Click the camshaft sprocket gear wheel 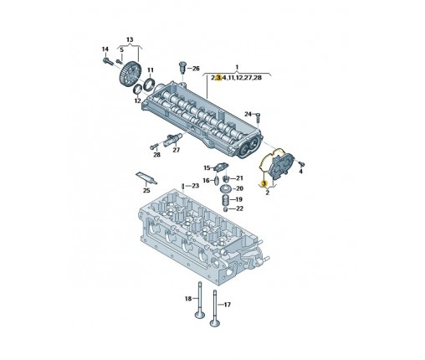pyautogui.click(x=131, y=74)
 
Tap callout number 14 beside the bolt pyautogui.click(x=105, y=49)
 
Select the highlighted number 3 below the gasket pyautogui.click(x=264, y=183)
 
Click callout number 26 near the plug pyautogui.click(x=196, y=69)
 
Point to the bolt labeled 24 pyautogui.click(x=258, y=117)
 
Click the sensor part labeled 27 pyautogui.click(x=173, y=139)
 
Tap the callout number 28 pyautogui.click(x=157, y=155)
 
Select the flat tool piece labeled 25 pyautogui.click(x=146, y=177)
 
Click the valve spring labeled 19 pyautogui.click(x=226, y=200)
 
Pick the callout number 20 pyautogui.click(x=239, y=188)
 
